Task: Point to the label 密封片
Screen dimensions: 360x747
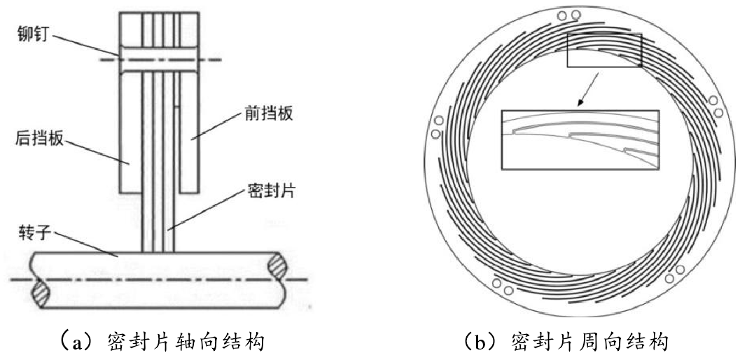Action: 269,191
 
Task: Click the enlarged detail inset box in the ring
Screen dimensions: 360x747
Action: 580,139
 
